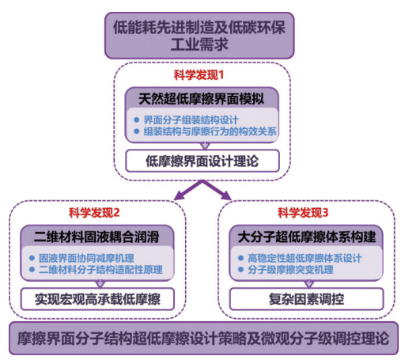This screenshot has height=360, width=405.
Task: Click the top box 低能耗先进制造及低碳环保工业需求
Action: coord(199,36)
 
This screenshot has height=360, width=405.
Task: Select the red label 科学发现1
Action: coord(199,75)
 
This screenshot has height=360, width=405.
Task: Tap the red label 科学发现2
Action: coord(94,213)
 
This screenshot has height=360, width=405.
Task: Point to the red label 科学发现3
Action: coord(303,213)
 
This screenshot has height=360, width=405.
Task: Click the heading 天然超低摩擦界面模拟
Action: coord(201,99)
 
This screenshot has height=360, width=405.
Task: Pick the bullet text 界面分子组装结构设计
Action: coord(191,120)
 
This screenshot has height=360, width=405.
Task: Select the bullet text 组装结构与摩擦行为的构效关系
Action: coord(210,131)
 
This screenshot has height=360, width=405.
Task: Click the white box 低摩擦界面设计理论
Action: coord(202,161)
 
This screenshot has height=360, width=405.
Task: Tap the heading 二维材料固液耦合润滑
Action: coord(97,237)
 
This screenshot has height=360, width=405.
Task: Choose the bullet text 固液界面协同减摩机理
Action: coord(86,258)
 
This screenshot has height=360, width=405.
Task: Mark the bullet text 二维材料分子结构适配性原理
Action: coord(100,270)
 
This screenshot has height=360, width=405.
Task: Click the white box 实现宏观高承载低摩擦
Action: coord(97,299)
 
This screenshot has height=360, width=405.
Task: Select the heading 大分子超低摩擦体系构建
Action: coord(307,237)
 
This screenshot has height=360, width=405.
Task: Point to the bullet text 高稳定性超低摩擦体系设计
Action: coord(305,258)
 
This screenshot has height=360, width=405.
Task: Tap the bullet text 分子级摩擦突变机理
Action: coord(290,270)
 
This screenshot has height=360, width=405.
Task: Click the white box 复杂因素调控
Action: coord(306,299)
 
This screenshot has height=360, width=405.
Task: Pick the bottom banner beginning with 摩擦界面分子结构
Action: coord(203,339)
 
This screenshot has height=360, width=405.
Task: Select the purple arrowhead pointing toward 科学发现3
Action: coord(226,195)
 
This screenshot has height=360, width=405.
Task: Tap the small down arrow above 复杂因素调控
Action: coord(309,284)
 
